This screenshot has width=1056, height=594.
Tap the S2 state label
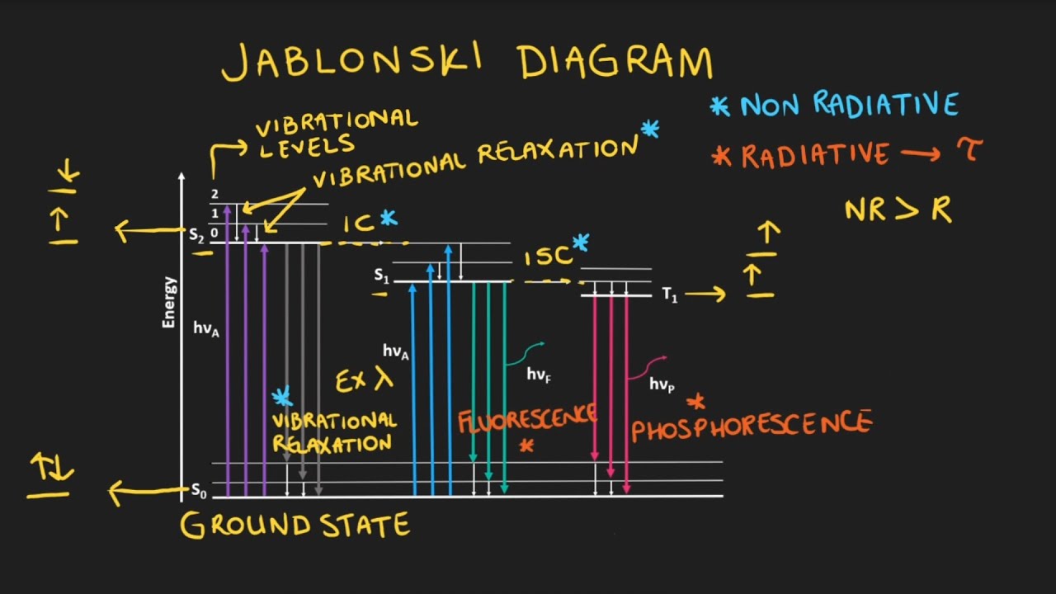tap(196, 234)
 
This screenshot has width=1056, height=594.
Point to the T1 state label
tap(670, 295)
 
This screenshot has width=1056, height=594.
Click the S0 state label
tap(198, 492)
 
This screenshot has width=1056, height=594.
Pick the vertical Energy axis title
tap(169, 302)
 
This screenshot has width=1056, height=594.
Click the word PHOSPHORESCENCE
tap(751, 426)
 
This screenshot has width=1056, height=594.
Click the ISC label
tap(548, 257)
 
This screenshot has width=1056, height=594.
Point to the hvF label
tap(539, 375)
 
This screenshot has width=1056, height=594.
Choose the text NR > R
tap(898, 210)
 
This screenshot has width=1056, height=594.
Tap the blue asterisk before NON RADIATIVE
tap(720, 105)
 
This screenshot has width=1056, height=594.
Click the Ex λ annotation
tap(364, 380)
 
